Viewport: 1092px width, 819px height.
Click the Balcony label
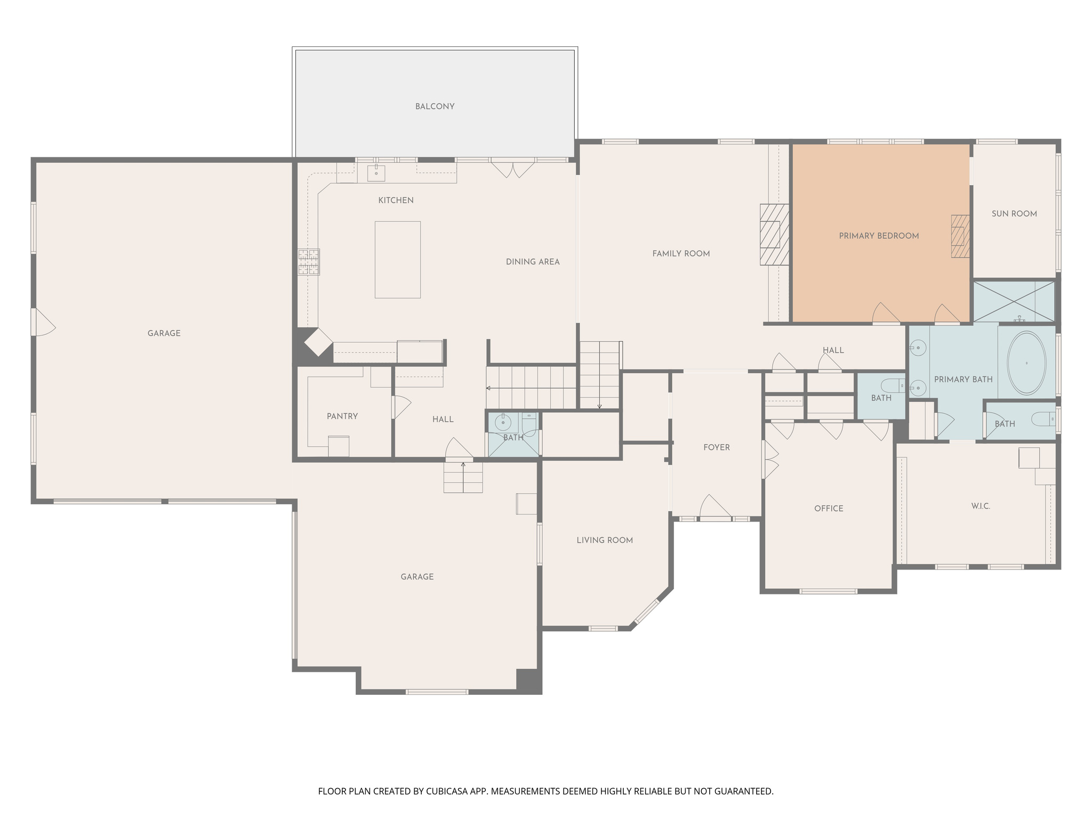435,107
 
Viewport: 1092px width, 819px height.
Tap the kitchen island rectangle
397,260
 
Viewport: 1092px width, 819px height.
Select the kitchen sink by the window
376,173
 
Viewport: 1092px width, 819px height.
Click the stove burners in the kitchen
309,262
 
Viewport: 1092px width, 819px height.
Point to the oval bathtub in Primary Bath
1026,363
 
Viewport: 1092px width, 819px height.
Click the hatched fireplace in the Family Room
774,235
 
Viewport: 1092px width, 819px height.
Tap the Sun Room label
1014,214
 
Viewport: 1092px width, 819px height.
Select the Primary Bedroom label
878,236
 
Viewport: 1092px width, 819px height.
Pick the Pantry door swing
401,407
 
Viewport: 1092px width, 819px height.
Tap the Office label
828,509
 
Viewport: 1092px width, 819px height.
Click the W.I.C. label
980,506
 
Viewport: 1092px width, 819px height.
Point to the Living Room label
604,540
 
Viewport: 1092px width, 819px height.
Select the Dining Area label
532,262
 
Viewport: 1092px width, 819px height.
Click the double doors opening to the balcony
512,168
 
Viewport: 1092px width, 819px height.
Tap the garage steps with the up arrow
463,477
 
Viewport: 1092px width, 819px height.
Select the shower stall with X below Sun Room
1013,302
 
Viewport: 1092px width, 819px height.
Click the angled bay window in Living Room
647,612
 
